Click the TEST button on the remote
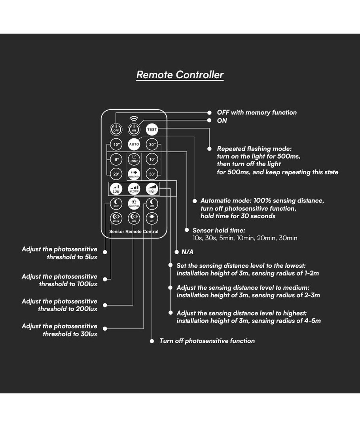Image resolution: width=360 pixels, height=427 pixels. click(152, 129)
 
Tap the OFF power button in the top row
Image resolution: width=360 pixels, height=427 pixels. click(116, 129)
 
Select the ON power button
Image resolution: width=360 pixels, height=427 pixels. click(134, 129)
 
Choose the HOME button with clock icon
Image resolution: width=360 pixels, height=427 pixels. click(134, 159)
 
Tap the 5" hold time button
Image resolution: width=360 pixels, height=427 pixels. click(116, 160)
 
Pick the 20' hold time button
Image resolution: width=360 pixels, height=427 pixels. click(116, 174)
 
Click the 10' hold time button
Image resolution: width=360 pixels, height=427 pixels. click(152, 160)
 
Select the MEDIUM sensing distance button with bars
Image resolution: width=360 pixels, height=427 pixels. click(134, 189)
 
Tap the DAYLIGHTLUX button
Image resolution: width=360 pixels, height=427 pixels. click(134, 204)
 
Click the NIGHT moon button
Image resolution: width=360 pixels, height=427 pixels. click(116, 204)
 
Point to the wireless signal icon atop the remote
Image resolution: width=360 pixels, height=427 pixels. click(134, 119)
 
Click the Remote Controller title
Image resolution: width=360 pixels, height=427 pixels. click(180, 75)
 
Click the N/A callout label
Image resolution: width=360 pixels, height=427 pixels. click(187, 252)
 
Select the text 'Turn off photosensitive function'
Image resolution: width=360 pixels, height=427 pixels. click(207, 341)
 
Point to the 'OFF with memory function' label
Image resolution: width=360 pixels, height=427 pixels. click(257, 113)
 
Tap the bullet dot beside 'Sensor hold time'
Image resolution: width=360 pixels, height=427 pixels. click(187, 230)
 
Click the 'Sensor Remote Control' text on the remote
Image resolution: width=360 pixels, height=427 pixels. click(134, 232)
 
